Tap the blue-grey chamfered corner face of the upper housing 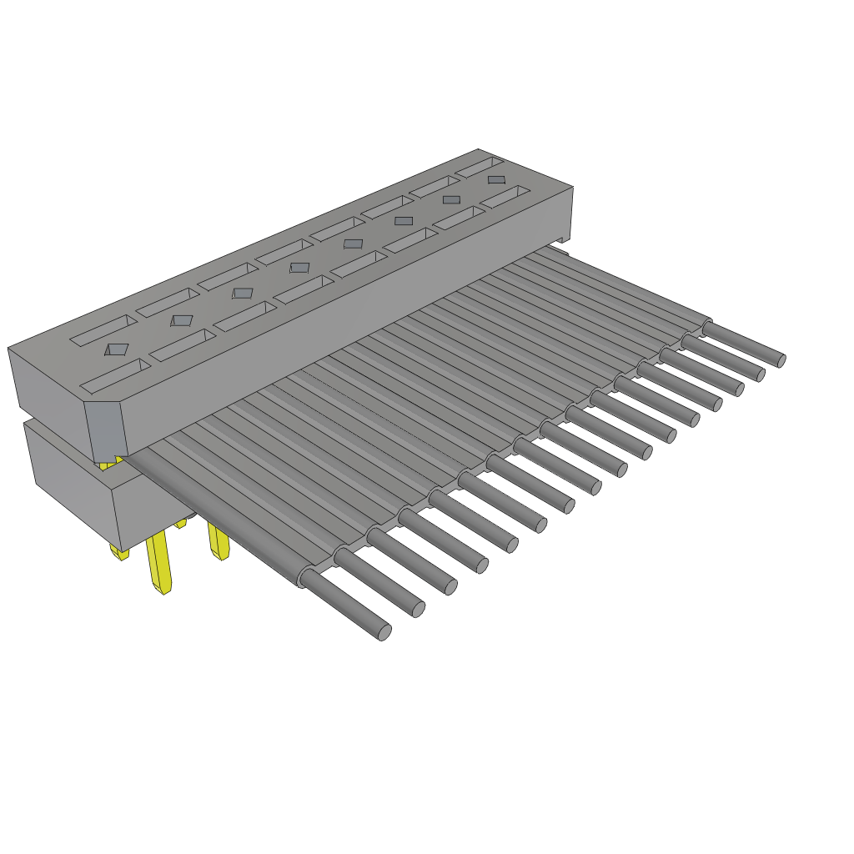(x=106, y=430)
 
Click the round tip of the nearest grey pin (x=384, y=633)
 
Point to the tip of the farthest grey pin (x=781, y=360)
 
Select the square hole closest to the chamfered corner (x=117, y=349)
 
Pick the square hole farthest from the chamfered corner (x=496, y=179)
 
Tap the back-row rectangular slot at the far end (x=480, y=167)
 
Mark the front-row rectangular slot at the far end (x=505, y=198)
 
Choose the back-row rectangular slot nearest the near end (x=103, y=330)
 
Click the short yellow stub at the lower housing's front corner (x=119, y=552)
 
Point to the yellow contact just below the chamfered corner (x=108, y=463)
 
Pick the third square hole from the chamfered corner (x=242, y=293)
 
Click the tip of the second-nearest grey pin (x=419, y=610)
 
